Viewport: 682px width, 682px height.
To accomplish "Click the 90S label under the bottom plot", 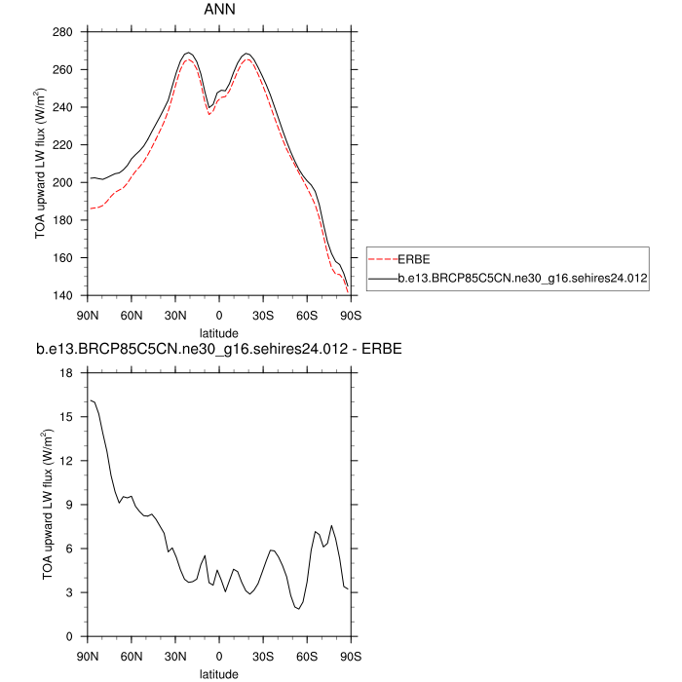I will tap(350, 655).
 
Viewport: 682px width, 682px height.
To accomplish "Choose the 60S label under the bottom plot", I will tap(306, 655).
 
